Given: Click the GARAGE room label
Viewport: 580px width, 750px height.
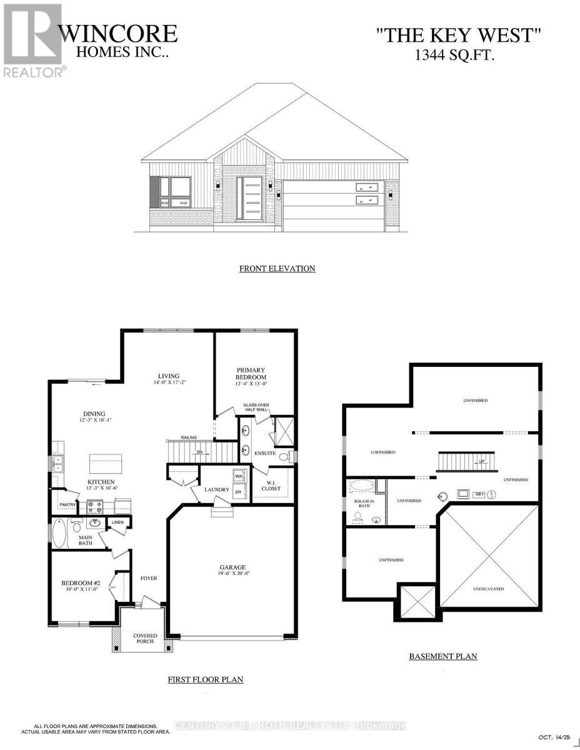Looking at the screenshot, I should (x=232, y=568).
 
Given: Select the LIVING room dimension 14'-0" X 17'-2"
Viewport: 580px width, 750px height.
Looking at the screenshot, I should (x=168, y=382).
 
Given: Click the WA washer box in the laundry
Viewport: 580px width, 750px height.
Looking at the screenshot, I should (x=238, y=477).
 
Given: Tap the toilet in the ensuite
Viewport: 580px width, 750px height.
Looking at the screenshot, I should (x=284, y=457).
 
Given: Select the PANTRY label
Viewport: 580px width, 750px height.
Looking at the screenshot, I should (x=67, y=504).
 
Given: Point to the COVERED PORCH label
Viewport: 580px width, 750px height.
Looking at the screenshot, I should (x=145, y=638).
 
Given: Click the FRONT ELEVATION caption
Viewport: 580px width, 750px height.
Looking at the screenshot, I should (x=277, y=269).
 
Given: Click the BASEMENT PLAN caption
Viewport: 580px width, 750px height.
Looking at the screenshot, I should (x=442, y=656).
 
